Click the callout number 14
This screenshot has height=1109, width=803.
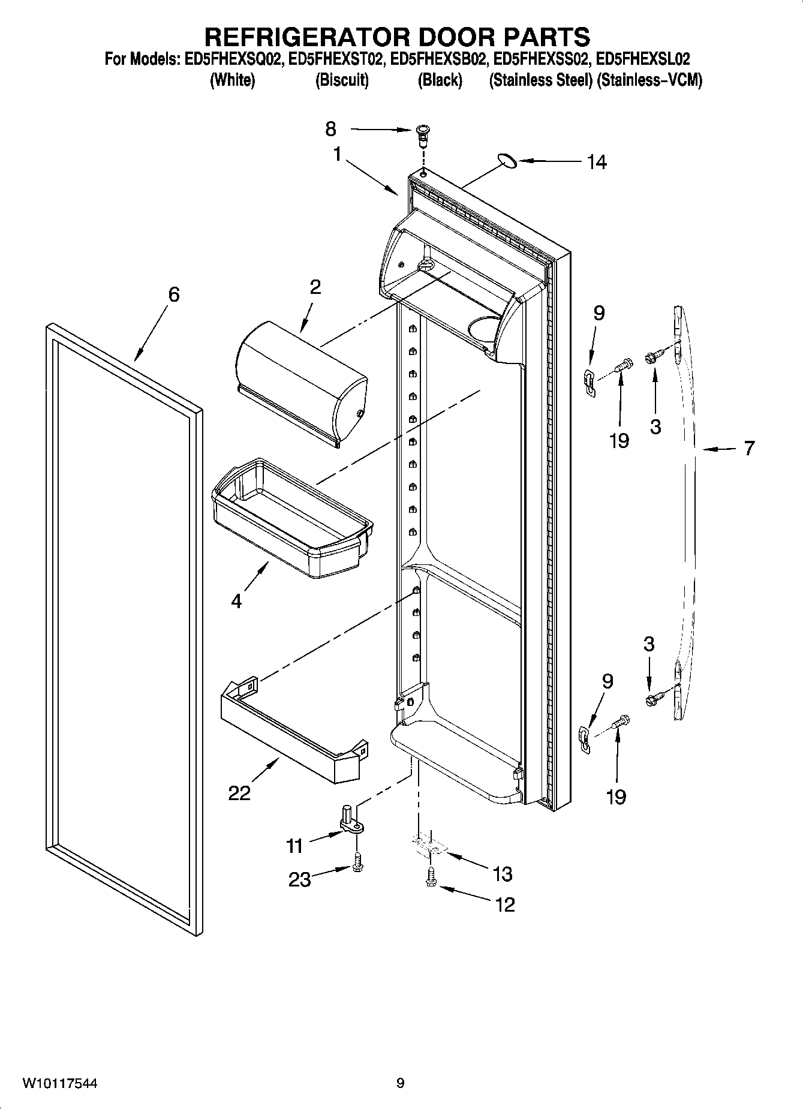coord(597,162)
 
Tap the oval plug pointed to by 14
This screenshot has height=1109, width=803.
coord(507,160)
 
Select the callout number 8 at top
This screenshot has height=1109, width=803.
coord(331,129)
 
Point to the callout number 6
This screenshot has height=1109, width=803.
coord(173,294)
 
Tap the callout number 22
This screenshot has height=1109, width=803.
coord(239,793)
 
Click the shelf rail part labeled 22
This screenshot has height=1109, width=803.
coord(294,732)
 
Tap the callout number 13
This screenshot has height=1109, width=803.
coord(502,874)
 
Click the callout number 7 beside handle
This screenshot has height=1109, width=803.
coord(749,448)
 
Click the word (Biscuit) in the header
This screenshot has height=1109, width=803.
coord(342,80)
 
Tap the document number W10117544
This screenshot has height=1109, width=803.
coord(60,1083)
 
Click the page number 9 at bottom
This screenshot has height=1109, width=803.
coord(400,1083)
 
